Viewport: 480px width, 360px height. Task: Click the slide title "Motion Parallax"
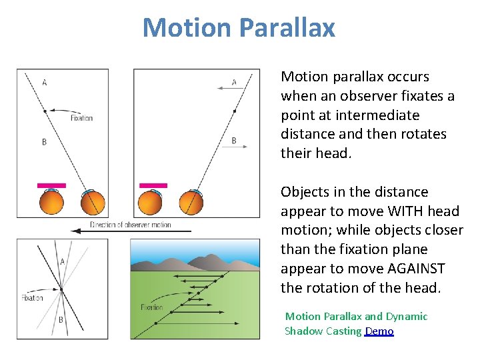tap(239, 28)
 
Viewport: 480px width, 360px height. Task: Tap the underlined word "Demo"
tap(379, 331)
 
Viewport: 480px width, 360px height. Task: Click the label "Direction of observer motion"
tap(131, 224)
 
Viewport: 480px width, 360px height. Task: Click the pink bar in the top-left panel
tap(51, 185)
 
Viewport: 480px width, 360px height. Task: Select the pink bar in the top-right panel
tap(153, 185)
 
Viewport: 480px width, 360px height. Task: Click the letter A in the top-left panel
tap(45, 83)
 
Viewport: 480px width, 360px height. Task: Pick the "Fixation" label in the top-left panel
tap(81, 118)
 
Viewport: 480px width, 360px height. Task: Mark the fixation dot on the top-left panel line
tap(45, 111)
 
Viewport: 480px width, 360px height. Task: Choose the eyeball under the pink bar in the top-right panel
tap(153, 202)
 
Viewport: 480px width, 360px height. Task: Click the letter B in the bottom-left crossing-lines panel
tap(61, 319)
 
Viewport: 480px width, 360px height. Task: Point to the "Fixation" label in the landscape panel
tap(151, 307)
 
